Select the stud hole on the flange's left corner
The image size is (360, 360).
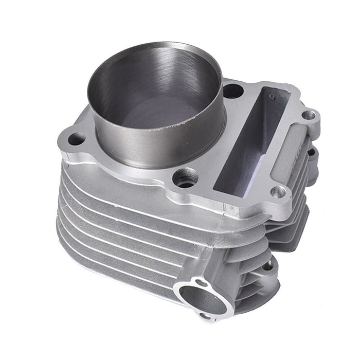pyautogui.click(x=76, y=138)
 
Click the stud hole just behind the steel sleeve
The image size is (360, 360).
pyautogui.click(x=233, y=92)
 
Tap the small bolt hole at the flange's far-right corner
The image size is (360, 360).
pyautogui.click(x=308, y=114)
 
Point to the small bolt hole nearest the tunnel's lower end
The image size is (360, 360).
pyautogui.click(x=278, y=192)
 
